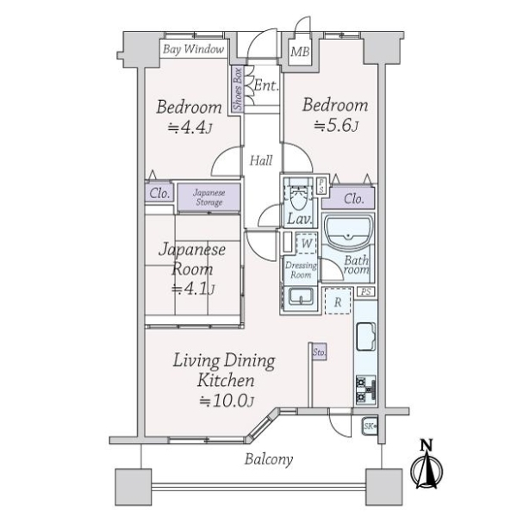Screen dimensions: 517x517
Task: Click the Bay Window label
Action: tap(194, 49)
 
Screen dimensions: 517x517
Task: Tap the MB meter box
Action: tap(300, 52)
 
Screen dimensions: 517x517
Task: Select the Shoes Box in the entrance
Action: tap(238, 89)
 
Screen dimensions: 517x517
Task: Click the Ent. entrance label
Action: tap(266, 85)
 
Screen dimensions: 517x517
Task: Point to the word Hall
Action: tap(261, 161)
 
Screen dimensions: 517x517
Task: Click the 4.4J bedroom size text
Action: tap(190, 128)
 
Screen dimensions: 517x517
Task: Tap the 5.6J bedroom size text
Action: tap(336, 126)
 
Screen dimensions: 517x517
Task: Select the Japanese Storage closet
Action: tap(209, 197)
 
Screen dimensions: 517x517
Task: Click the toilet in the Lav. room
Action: tap(299, 196)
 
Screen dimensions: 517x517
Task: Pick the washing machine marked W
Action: tap(307, 243)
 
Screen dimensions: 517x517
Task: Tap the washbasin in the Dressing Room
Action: tap(301, 296)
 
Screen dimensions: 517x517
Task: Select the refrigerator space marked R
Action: tap(338, 301)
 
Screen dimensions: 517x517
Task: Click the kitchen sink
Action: tap(366, 336)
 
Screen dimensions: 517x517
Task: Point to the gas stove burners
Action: tap(365, 389)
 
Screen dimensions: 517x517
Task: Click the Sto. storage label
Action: tap(319, 352)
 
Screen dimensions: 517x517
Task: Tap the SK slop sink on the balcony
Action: tap(370, 427)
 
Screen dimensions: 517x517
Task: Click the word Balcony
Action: tap(269, 459)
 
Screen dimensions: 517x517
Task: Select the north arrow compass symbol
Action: tap(427, 466)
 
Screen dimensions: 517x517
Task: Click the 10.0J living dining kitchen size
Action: tap(227, 401)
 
